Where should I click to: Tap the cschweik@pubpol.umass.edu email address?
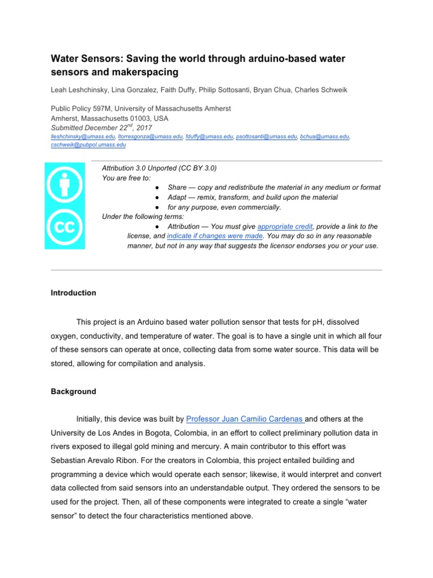(88, 144)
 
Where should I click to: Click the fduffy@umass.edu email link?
(209, 137)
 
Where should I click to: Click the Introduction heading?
(73, 293)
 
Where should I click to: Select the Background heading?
(73, 391)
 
